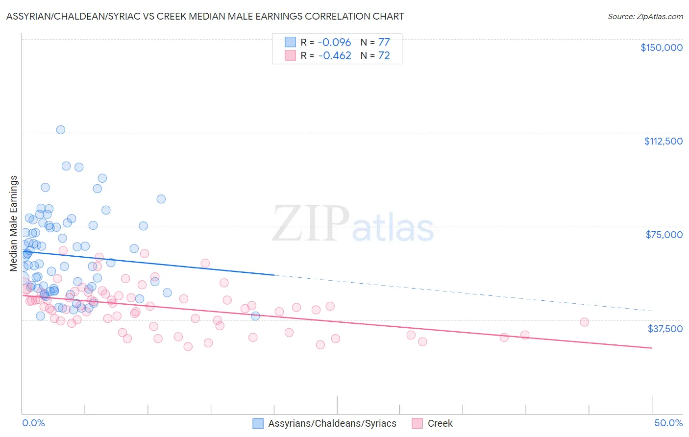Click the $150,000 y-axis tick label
tap(661, 48)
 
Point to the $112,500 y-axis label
tap(663, 141)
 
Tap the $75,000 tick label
tap(664, 235)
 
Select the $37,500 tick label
tap(665, 329)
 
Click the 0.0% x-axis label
tap(33, 423)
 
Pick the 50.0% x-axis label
tap(668, 423)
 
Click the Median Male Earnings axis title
tap(14, 223)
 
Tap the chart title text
tap(205, 16)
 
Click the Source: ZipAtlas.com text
tap(645, 17)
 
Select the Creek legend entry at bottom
tap(440, 423)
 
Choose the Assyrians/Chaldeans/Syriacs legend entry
tap(332, 423)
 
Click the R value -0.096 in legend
tap(335, 42)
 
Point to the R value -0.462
tap(335, 56)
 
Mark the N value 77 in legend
tap(384, 42)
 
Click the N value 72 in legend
tap(384, 56)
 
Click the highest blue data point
tap(61, 130)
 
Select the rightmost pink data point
tap(584, 322)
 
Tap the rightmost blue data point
tap(255, 316)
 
